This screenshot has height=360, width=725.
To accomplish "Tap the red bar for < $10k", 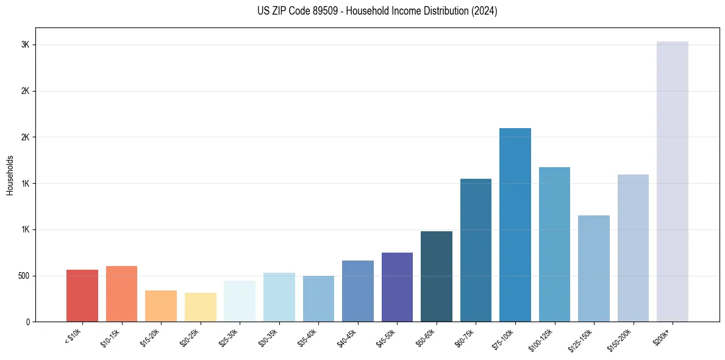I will coord(82,295).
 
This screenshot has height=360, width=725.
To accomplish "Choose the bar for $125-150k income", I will coord(593,268).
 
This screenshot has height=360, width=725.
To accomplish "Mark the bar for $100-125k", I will coord(554,244).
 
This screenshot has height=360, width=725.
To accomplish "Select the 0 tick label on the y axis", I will coord(27,322).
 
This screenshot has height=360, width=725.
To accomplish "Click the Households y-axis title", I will coord(10,175).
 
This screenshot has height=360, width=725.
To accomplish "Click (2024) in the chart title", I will coord(484,11).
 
